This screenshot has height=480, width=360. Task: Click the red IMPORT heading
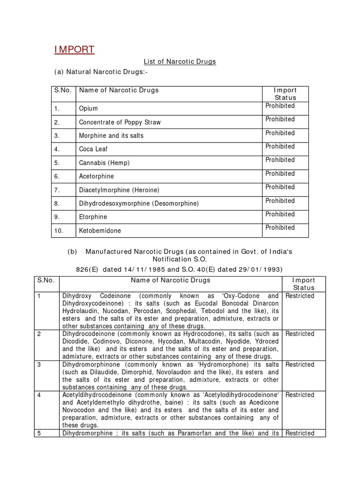[x=74, y=50]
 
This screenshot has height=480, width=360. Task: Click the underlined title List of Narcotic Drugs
[x=180, y=62]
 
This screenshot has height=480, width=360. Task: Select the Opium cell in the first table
[x=89, y=109]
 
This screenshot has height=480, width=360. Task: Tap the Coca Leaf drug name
[x=93, y=149]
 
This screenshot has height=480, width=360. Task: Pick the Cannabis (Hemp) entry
[x=104, y=163]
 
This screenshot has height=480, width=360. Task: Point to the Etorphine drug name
[x=93, y=217]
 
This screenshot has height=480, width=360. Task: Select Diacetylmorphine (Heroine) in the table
[x=119, y=190]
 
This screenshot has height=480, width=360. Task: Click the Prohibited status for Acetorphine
[x=280, y=173]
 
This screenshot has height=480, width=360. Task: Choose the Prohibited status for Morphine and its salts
[x=280, y=133]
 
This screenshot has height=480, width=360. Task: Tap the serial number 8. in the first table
[x=57, y=203]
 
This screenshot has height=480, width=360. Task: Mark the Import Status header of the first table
[x=285, y=94]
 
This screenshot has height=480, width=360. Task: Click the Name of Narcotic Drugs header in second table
[x=171, y=280]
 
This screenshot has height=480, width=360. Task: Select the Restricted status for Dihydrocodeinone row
[x=300, y=334]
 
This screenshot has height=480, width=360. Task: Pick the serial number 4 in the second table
[x=39, y=395]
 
